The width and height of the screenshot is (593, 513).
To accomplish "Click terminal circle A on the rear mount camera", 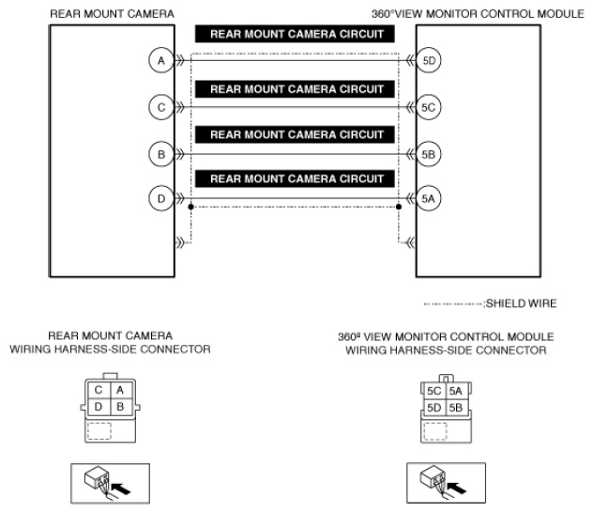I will click(x=161, y=61).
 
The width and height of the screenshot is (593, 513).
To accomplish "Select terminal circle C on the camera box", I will click(x=161, y=107).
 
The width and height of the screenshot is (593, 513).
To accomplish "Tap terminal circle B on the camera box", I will click(x=161, y=152).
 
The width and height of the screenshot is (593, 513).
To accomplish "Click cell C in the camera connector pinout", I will click(x=99, y=389).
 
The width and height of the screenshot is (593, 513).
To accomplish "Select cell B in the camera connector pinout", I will click(x=119, y=407).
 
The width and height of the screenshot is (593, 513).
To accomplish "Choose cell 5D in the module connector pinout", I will click(x=433, y=407).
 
